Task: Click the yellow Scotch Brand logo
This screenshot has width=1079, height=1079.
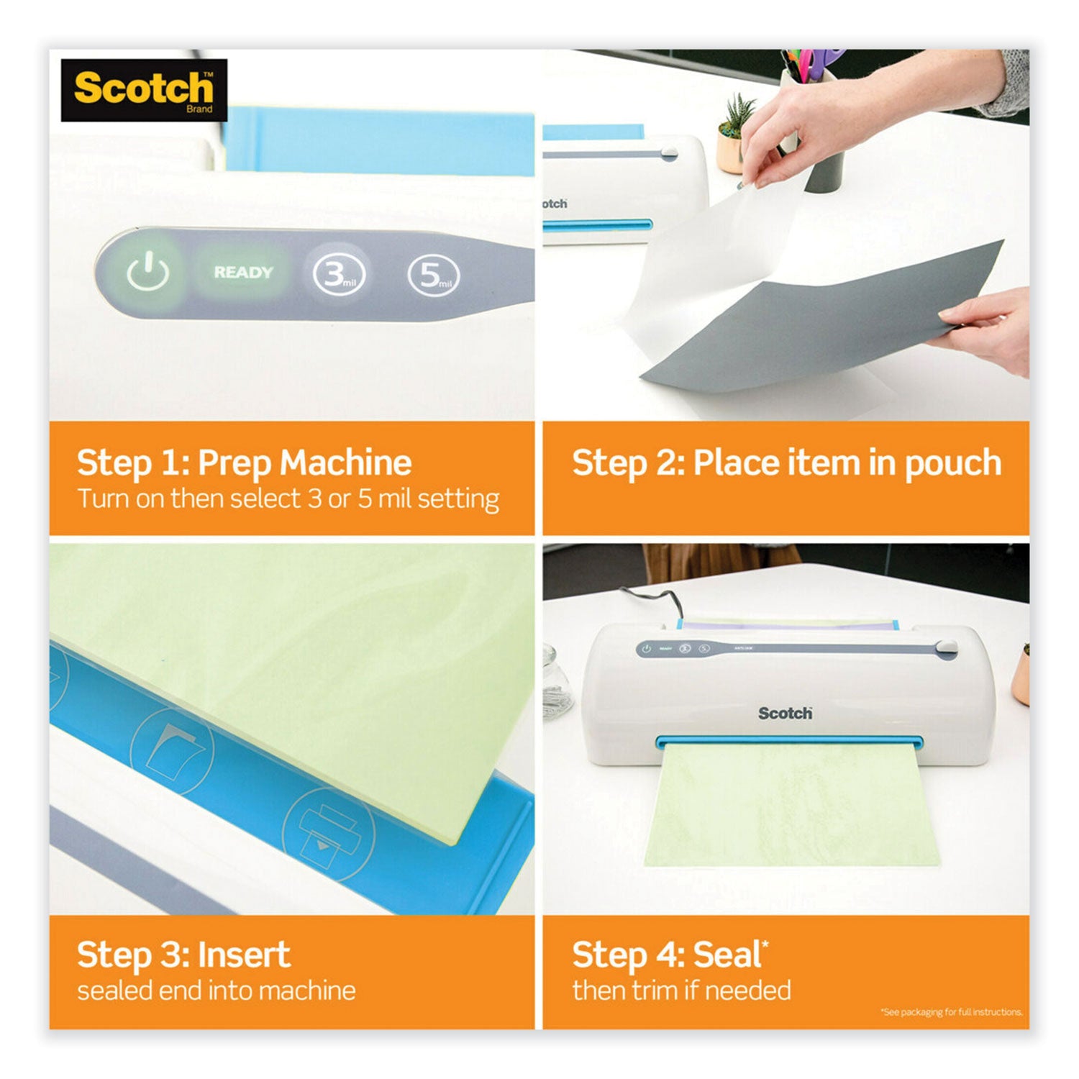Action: tap(144, 90)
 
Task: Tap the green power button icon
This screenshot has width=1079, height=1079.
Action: tap(148, 273)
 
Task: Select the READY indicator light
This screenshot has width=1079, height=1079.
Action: tap(243, 273)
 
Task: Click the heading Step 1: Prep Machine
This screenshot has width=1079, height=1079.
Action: tap(244, 463)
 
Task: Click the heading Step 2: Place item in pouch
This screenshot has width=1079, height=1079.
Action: tap(786, 463)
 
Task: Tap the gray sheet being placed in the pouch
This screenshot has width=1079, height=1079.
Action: tap(827, 317)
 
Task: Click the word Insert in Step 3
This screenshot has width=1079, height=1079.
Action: tap(244, 955)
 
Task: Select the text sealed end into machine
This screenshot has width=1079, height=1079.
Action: tap(216, 991)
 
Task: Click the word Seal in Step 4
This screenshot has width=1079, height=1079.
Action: tap(727, 955)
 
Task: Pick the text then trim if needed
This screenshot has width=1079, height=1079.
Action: tap(681, 991)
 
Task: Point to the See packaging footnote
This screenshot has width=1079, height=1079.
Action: tap(951, 1012)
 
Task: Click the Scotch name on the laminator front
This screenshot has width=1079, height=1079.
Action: tap(785, 713)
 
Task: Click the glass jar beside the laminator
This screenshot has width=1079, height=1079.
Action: tap(557, 680)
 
